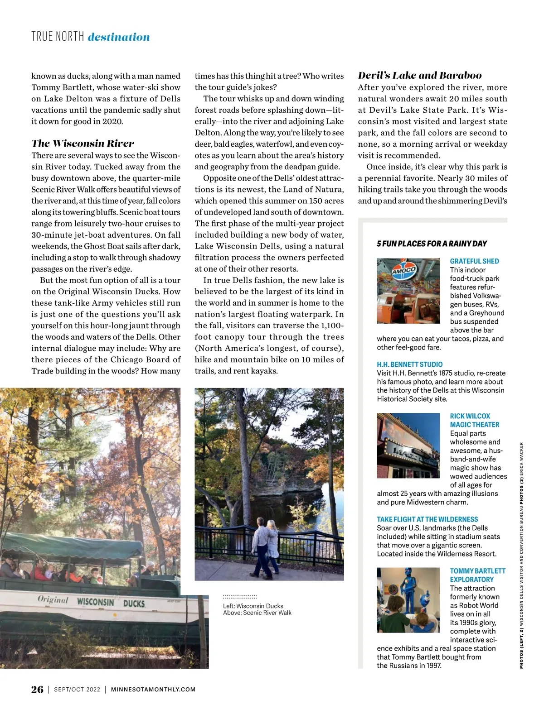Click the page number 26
[37, 689]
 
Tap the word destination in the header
[119, 37]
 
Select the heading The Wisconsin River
[83, 144]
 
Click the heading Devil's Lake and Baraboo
[420, 76]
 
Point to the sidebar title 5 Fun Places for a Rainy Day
[432, 244]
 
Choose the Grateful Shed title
[474, 261]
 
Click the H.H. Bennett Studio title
[410, 364]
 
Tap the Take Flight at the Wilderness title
[427, 519]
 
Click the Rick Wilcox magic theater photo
[408, 446]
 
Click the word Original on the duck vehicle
[53, 599]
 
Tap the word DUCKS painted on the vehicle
[134, 604]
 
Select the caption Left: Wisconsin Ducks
[253, 606]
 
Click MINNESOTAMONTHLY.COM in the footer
[153, 690]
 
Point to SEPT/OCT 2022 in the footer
[77, 690]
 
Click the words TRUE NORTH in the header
[58, 37]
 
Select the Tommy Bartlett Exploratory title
[477, 575]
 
